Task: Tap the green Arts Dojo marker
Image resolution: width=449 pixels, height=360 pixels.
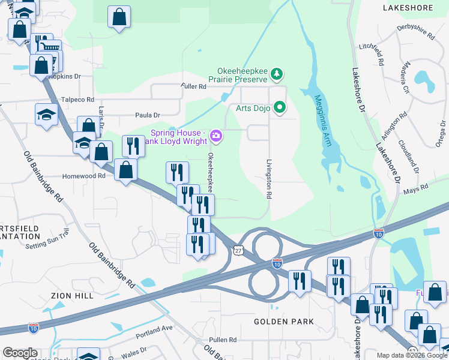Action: tap(279, 108)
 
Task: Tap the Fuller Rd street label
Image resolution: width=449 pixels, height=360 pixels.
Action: tap(193, 86)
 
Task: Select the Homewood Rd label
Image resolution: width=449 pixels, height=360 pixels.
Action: tap(84, 176)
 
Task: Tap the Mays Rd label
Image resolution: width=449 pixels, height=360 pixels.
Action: tap(415, 188)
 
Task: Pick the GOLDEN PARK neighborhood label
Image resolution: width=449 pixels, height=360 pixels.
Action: tap(284, 322)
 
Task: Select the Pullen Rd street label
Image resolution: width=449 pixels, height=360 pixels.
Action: tap(223, 340)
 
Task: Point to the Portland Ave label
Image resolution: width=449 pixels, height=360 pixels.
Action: tap(154, 328)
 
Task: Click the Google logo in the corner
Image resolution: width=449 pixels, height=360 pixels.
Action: tap(20, 353)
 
